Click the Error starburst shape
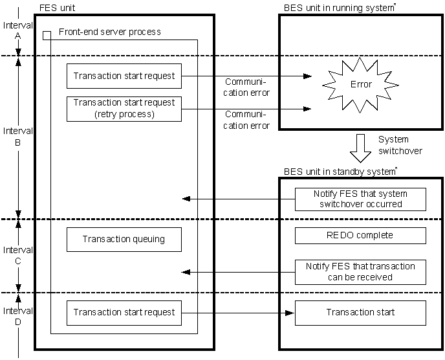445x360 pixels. click(x=360, y=85)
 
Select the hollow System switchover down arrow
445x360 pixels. click(x=360, y=148)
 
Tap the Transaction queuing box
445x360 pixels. click(x=124, y=240)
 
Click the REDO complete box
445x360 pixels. click(x=360, y=236)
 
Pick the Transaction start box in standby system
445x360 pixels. click(x=360, y=313)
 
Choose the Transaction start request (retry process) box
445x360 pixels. click(x=124, y=109)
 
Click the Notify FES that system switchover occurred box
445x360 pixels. click(x=360, y=199)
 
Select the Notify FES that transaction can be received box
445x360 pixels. click(x=360, y=272)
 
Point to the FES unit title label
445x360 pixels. click(x=57, y=8)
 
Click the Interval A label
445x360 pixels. click(x=18, y=30)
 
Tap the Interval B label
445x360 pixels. click(x=18, y=137)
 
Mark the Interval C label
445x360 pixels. click(x=18, y=256)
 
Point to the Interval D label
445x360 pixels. click(x=18, y=316)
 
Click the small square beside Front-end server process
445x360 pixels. click(x=47, y=36)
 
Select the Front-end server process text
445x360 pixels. click(x=109, y=32)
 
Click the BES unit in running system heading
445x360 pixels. click(x=340, y=8)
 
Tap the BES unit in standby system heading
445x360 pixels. click(x=340, y=172)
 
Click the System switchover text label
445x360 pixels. click(x=400, y=145)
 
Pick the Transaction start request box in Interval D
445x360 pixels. click(x=124, y=313)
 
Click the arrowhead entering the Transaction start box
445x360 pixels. click(x=290, y=313)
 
